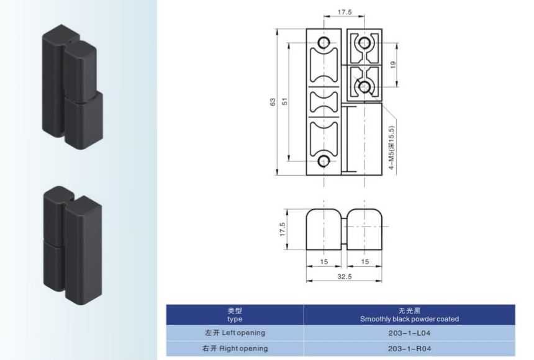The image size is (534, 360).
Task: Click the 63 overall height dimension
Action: pos(273,102)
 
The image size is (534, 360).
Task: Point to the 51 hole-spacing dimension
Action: pos(285,101)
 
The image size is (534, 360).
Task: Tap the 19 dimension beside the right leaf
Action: pos(393,65)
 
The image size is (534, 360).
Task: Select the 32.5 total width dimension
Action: pos(345,277)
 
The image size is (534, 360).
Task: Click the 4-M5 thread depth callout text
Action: pos(391,148)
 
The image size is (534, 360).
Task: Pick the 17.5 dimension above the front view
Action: pos(345,12)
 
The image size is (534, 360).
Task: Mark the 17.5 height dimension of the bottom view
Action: pos(283,230)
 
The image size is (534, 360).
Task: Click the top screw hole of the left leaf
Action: pos(324,43)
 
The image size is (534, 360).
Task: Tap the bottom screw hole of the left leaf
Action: pos(324,161)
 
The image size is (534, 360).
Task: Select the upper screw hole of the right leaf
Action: pos(364,43)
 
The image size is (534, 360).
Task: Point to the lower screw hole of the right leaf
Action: pos(364,86)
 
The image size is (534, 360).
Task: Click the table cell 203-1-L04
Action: pos(409,333)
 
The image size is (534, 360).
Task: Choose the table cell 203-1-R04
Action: pos(409,349)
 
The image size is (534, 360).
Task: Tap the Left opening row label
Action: pos(235,333)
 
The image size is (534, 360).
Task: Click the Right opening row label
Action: pos(235,348)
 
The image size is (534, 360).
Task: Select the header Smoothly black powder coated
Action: pos(409,319)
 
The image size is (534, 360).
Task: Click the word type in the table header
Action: pos(235,320)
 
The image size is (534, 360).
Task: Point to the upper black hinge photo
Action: pos(73,87)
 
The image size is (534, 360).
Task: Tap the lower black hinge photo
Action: pos(73,245)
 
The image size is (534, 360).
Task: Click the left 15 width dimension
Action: pos(324,261)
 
